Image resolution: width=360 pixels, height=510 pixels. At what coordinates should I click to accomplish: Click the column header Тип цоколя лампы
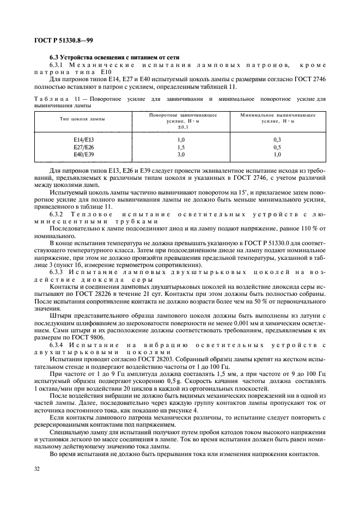tap(84, 118)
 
